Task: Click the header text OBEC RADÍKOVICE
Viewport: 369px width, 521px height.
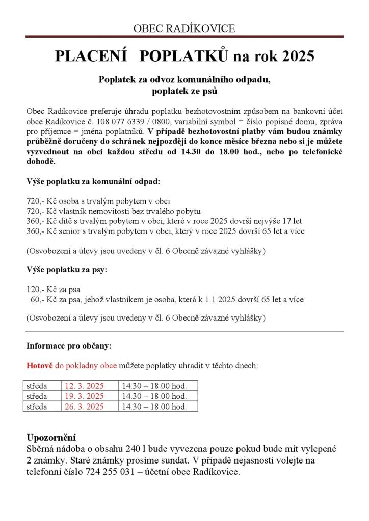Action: (x=184, y=28)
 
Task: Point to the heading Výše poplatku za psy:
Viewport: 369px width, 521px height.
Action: (x=67, y=270)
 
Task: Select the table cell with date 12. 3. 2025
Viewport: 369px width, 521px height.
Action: (x=84, y=386)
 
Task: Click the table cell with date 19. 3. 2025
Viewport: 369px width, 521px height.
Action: (x=84, y=396)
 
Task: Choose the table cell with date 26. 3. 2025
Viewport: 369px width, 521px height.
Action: (x=84, y=407)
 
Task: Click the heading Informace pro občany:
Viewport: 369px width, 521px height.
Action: (x=69, y=346)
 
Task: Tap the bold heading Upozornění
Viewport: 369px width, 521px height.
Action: (x=51, y=438)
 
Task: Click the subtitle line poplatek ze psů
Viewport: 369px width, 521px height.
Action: (x=184, y=92)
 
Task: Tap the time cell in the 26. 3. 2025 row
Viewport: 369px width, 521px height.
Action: (x=153, y=407)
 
